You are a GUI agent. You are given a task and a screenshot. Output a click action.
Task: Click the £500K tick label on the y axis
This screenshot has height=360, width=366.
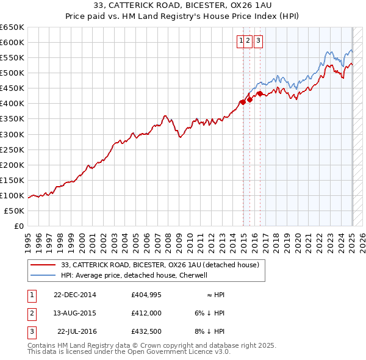click(12, 73)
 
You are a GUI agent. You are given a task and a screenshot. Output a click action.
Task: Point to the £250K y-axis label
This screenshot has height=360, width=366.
click(12, 149)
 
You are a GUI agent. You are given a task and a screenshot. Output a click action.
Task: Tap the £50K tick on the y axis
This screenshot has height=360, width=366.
click(15, 211)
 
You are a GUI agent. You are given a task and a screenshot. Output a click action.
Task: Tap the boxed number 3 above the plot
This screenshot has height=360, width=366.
click(258, 41)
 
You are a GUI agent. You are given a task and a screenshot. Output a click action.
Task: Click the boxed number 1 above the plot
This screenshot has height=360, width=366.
click(242, 41)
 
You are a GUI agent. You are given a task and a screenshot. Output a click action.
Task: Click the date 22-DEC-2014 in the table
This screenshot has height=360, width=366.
click(75, 295)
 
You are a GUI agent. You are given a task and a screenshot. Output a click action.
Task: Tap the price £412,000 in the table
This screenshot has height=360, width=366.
click(146, 313)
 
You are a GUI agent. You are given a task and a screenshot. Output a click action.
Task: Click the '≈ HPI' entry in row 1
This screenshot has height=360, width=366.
click(216, 295)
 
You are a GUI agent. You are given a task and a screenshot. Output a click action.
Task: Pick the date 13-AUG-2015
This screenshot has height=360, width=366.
click(75, 313)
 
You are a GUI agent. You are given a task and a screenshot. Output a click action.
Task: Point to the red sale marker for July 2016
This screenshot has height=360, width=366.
click(260, 93)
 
